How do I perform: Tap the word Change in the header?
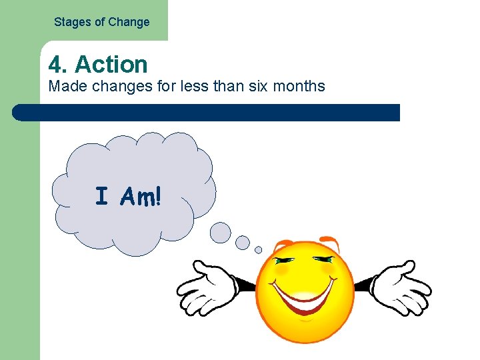coord(129,22)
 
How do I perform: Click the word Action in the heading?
coord(111,65)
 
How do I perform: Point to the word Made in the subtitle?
coord(63,86)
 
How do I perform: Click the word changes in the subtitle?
coord(115,86)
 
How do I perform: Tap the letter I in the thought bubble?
coord(101,197)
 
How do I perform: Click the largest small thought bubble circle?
coord(221,232)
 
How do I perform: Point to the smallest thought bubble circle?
coord(259,250)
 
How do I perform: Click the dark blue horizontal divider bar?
coord(207,112)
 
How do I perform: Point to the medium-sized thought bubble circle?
coord(243,242)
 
